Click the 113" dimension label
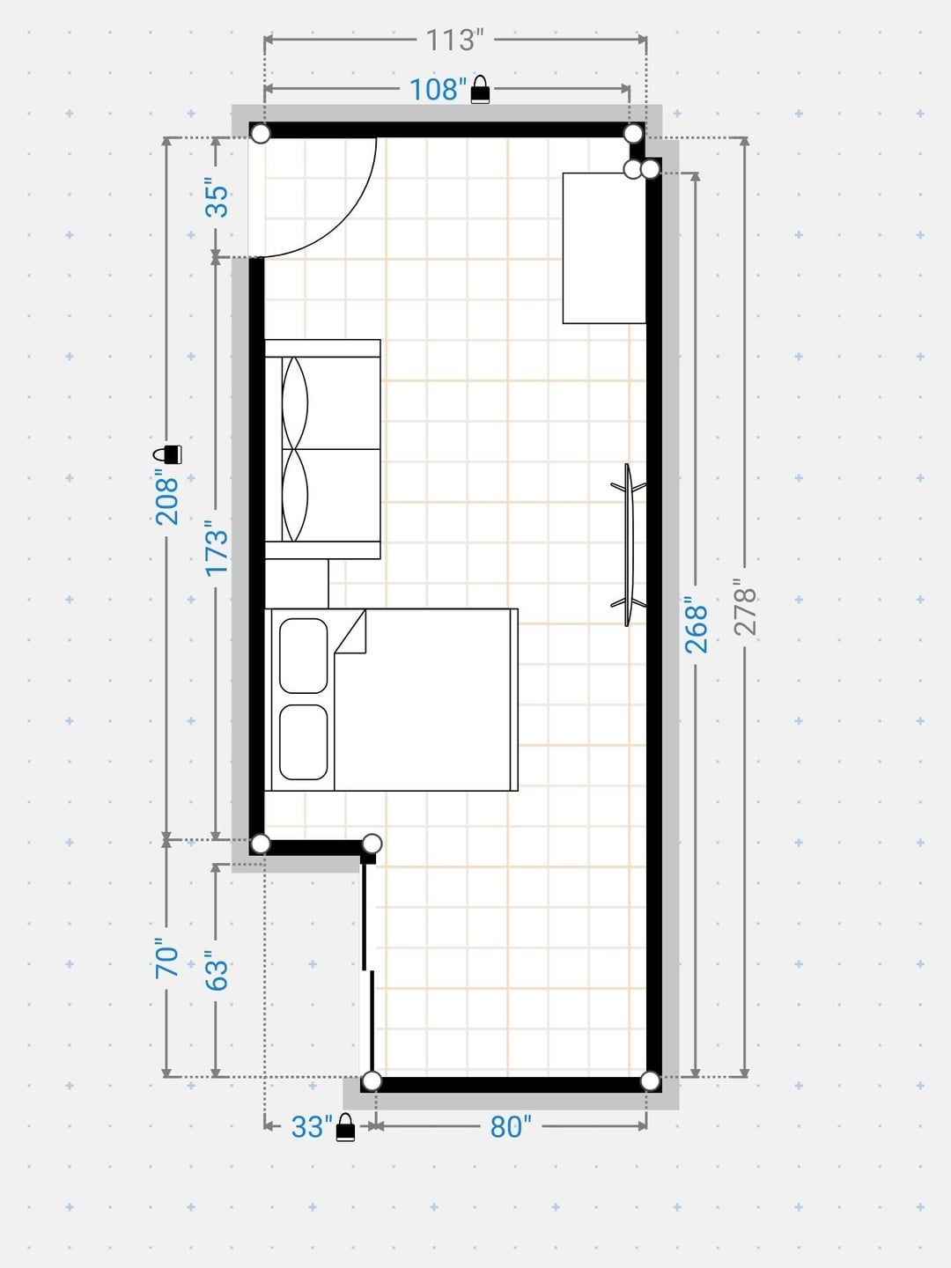click(x=453, y=41)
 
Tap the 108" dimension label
click(x=439, y=90)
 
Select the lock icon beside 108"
click(x=481, y=90)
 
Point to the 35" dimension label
click(x=217, y=201)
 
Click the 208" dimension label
click(x=167, y=500)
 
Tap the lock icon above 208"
click(x=167, y=454)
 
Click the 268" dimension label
click(x=697, y=629)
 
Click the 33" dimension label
click(x=312, y=1126)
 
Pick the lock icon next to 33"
click(x=345, y=1127)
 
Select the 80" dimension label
click(x=511, y=1126)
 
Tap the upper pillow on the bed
click(x=304, y=656)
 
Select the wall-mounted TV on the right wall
click(x=630, y=545)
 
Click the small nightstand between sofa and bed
click(x=297, y=584)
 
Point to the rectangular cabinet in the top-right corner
click(x=604, y=247)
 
